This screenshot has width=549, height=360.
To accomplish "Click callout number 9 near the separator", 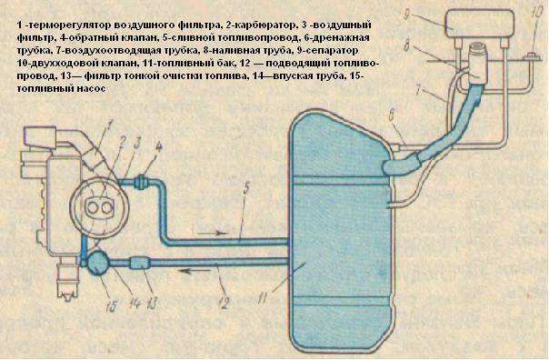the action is click(406, 15).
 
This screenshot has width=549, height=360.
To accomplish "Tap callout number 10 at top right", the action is click(536, 15).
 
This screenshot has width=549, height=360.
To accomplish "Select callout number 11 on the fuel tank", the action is click(263, 298).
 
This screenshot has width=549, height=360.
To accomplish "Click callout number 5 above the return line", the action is click(247, 189).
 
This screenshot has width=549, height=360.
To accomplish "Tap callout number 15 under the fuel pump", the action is click(112, 305).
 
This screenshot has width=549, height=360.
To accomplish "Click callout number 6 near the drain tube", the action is click(392, 116).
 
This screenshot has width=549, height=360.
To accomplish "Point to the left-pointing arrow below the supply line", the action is click(195, 271).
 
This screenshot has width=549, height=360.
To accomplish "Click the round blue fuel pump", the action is click(98, 264).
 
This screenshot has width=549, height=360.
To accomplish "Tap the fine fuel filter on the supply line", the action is click(140, 263).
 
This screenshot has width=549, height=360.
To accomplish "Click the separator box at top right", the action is click(480, 23).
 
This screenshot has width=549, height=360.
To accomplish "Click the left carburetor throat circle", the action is click(94, 207).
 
